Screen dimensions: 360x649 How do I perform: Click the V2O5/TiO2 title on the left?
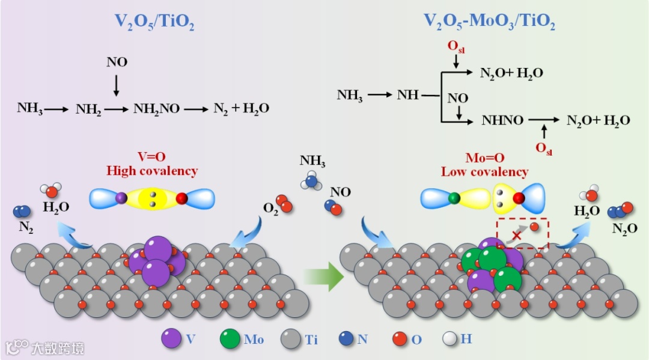154,23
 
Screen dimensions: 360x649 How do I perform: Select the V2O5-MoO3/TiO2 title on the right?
489,23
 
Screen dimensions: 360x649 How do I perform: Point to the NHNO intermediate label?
502,120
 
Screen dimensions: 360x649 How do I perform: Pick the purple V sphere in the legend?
172,338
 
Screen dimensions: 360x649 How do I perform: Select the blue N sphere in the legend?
345,338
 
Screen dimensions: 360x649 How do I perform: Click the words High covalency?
152,171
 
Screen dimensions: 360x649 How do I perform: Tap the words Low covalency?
484,172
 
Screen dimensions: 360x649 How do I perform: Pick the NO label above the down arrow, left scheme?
117,62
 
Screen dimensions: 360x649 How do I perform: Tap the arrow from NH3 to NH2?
58,109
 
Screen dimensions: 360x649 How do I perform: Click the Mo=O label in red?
484,158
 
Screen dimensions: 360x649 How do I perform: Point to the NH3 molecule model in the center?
312,180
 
